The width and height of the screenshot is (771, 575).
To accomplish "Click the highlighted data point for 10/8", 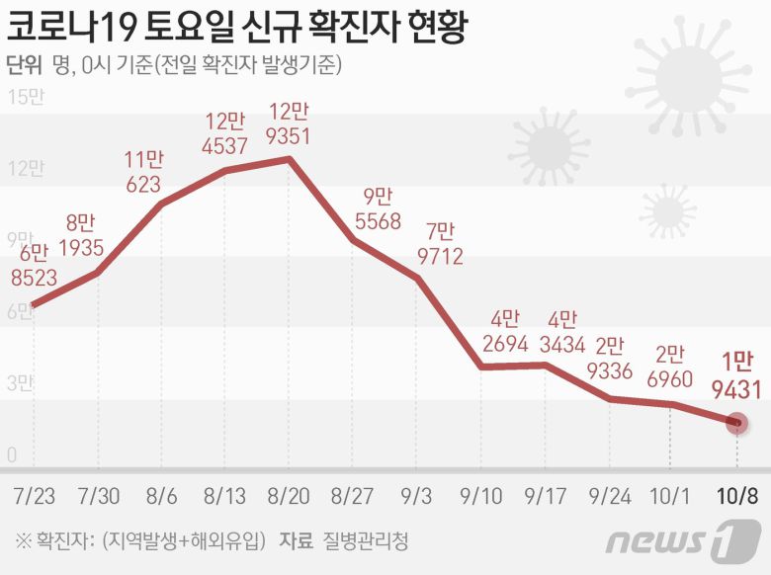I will (x=736, y=423).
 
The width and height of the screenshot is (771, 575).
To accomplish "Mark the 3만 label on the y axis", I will (x=21, y=383).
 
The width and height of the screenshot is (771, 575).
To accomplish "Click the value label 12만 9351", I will (x=290, y=123).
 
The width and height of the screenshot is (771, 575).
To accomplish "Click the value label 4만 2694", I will (x=503, y=332).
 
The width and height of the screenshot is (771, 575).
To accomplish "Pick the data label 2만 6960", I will (x=671, y=366).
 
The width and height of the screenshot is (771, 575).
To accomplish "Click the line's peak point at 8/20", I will (x=290, y=158).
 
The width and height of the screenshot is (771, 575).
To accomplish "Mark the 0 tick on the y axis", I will (x=12, y=455).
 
